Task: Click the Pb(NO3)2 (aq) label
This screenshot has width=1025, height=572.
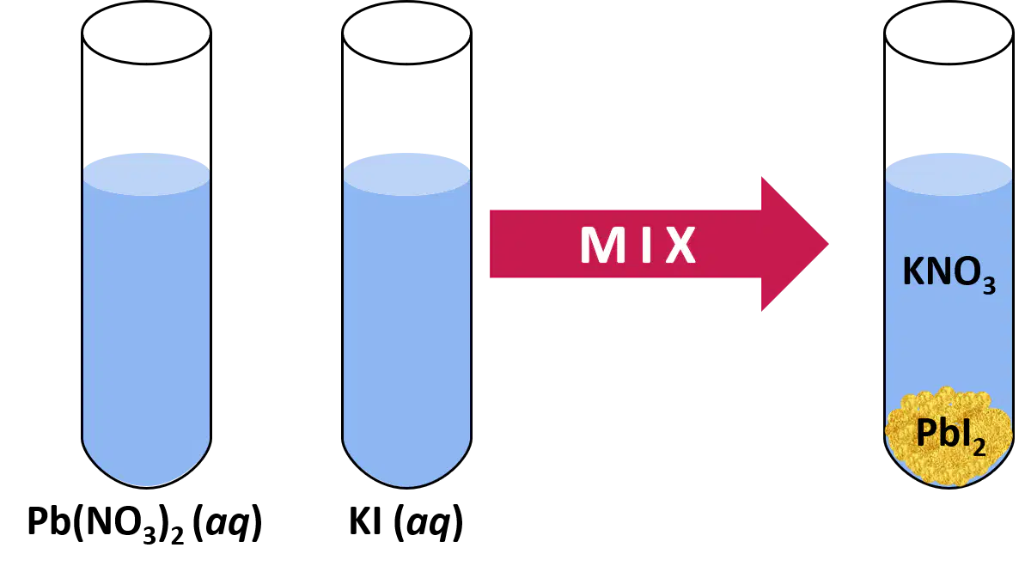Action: [x=144, y=523]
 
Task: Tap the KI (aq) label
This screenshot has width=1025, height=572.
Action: [x=406, y=522]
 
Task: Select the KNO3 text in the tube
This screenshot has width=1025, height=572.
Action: [x=949, y=273]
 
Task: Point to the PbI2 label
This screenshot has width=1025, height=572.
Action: [x=950, y=435]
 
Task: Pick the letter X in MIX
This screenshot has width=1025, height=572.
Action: [x=680, y=245]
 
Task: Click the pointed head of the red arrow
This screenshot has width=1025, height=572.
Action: [x=827, y=244]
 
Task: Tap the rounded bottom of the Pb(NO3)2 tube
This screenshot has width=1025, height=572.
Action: [x=146, y=485]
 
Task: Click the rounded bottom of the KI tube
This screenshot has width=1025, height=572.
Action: [x=406, y=485]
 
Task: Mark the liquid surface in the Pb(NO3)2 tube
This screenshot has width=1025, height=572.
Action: [x=146, y=173]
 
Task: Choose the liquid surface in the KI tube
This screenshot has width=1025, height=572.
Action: [x=406, y=173]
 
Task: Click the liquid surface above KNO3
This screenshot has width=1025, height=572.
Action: [x=949, y=173]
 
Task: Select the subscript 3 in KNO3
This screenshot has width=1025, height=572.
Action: [x=989, y=285]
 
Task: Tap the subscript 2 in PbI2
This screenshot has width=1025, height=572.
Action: [x=979, y=447]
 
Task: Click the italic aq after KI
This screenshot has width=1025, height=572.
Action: [x=429, y=524]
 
